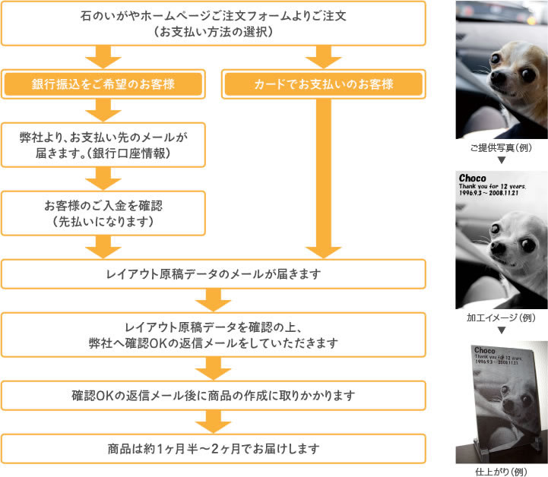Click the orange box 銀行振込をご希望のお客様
click(x=103, y=84)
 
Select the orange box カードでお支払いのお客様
click(x=323, y=84)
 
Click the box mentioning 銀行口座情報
click(x=103, y=144)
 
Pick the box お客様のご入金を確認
click(x=103, y=213)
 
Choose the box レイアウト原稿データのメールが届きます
click(x=213, y=274)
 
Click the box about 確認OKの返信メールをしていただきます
click(x=213, y=335)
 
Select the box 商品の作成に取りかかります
click(x=213, y=396)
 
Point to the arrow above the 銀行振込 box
click(x=103, y=56)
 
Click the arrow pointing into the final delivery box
click(x=213, y=422)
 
